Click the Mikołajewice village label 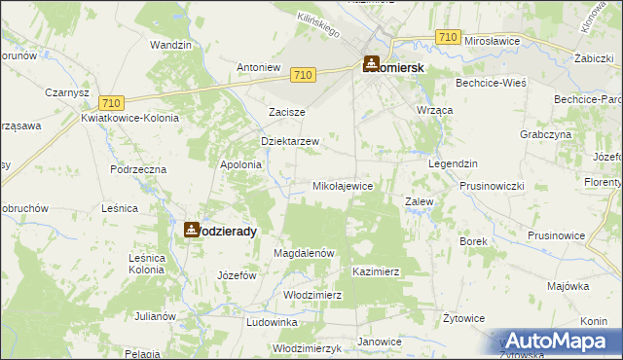click(342, 185)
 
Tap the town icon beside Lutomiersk click(371, 63)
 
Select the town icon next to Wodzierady click(191, 230)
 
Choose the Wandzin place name click(169, 45)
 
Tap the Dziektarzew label click(290, 141)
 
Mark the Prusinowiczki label click(492, 185)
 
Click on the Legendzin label click(451, 163)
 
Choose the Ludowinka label click(272, 321)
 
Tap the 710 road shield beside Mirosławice click(448, 37)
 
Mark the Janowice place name click(380, 342)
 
